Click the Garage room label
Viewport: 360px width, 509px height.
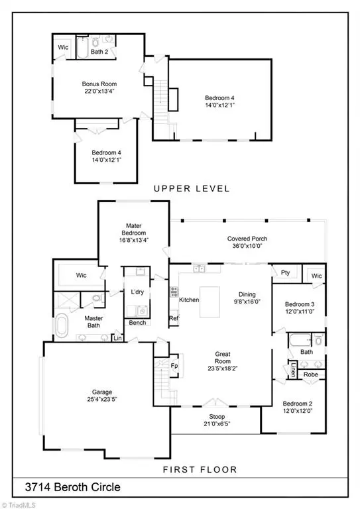(x=102, y=392)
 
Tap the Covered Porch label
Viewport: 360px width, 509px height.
(x=247, y=239)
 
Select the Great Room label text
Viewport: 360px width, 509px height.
(x=223, y=357)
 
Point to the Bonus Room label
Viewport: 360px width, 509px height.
(x=99, y=84)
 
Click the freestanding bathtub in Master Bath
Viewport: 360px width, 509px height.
(x=62, y=325)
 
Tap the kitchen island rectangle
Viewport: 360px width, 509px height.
(x=210, y=302)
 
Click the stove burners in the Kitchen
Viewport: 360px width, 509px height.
(x=174, y=292)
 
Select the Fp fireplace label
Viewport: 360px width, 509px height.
(x=174, y=366)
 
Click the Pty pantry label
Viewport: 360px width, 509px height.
(x=285, y=272)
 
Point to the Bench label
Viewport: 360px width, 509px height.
(x=137, y=323)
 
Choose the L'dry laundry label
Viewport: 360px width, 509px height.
(x=137, y=292)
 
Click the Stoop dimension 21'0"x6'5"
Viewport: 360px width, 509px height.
(x=217, y=424)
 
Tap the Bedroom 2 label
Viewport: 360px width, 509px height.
(x=298, y=404)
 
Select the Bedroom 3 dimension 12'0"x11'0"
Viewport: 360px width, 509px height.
(x=300, y=311)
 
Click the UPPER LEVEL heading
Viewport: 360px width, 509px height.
(x=192, y=188)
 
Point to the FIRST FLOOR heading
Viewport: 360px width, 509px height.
(x=200, y=469)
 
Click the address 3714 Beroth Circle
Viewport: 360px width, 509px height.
(x=72, y=487)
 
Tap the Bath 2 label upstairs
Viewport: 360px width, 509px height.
(x=99, y=52)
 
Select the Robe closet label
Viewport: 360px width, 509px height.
(x=311, y=374)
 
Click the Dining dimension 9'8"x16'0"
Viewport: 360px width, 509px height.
(x=247, y=302)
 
